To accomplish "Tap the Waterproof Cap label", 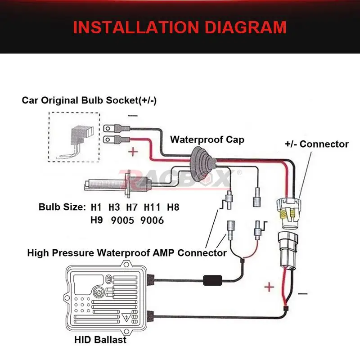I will click(x=207, y=139).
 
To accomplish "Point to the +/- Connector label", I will click(x=317, y=144).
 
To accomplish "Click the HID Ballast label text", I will click(x=100, y=340).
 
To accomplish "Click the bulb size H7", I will click(x=132, y=207).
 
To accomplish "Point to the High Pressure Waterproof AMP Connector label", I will click(x=127, y=252).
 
